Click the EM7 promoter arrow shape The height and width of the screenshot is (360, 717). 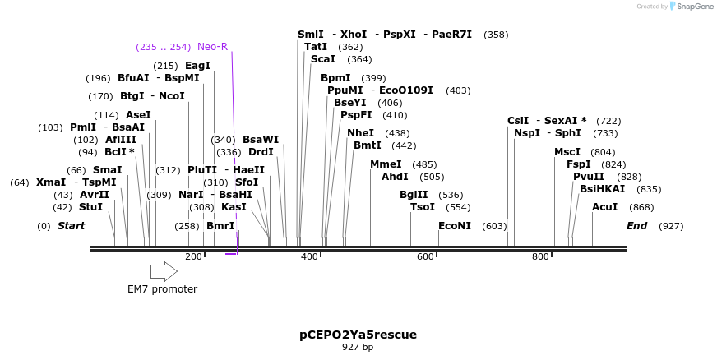pos(164,271)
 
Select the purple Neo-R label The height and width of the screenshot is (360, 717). pos(212,46)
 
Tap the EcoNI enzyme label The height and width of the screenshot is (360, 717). pos(455,226)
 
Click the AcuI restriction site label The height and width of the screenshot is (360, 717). pos(604,207)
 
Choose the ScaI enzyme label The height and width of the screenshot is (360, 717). pos(323,59)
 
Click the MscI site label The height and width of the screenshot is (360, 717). pos(567,152)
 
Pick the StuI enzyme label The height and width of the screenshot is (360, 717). pos(91,207)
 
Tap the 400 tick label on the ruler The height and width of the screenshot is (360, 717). pos(309,256)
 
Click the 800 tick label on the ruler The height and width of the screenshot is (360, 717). pos(540,256)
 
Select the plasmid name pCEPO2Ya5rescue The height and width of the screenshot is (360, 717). pos(358,335)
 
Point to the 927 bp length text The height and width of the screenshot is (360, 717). pos(358,348)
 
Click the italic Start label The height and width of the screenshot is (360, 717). pos(71,226)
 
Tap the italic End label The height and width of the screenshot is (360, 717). pos(637,226)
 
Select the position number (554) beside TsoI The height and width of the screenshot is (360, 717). pos(458,207)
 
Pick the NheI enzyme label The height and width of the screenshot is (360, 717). pos(360,133)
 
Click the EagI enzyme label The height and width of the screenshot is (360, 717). pos(197,66)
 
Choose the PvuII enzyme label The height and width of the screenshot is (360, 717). pos(589,177)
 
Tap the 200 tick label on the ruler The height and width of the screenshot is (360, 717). pos(194,256)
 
